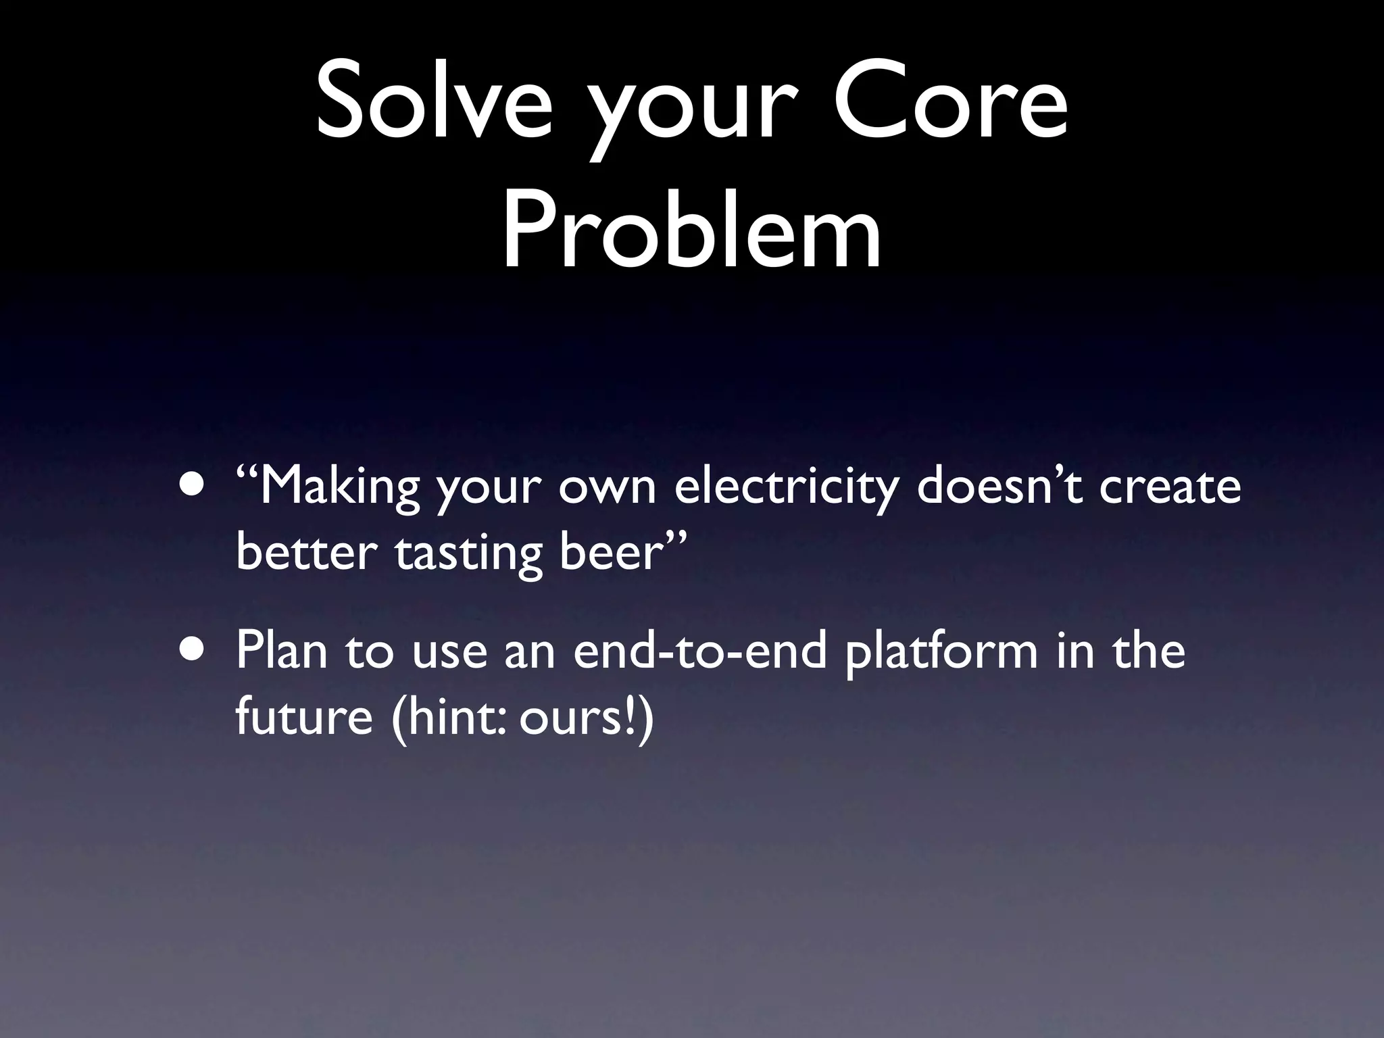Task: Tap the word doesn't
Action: pos(1000,487)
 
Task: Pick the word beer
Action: pos(609,554)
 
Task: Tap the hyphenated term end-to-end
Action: pos(699,651)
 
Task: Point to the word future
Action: pos(304,718)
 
